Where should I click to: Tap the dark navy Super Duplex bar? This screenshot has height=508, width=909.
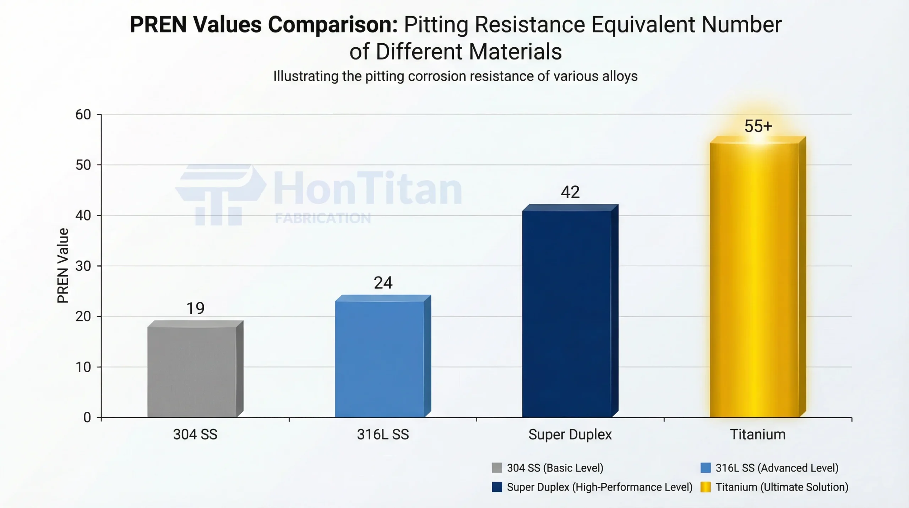pos(567,313)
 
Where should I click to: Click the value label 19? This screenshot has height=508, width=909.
pos(195,308)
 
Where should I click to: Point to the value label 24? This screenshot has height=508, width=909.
pos(383,283)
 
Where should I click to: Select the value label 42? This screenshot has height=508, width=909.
pos(570,192)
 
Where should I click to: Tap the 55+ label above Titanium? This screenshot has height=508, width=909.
pos(758,126)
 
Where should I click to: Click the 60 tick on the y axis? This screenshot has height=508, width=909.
pos(83,114)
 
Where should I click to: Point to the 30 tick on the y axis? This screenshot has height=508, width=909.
pos(83,266)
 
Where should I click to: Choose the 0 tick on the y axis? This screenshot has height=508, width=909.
pos(87,417)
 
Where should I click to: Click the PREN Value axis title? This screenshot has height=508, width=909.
pos(63,266)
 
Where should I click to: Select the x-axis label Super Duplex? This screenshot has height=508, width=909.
pos(570,434)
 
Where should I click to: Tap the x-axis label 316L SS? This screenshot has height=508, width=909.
pos(383,434)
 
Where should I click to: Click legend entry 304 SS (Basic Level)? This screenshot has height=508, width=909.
pos(555,468)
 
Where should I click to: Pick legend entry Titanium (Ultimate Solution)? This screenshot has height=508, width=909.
pos(782,487)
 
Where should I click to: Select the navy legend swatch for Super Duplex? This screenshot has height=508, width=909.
pos(497,487)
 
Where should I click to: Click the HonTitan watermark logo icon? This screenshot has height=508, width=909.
pos(220,194)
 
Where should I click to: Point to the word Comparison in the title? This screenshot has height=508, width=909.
pos(332,25)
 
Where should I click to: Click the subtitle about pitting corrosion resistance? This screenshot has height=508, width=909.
pos(455,76)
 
